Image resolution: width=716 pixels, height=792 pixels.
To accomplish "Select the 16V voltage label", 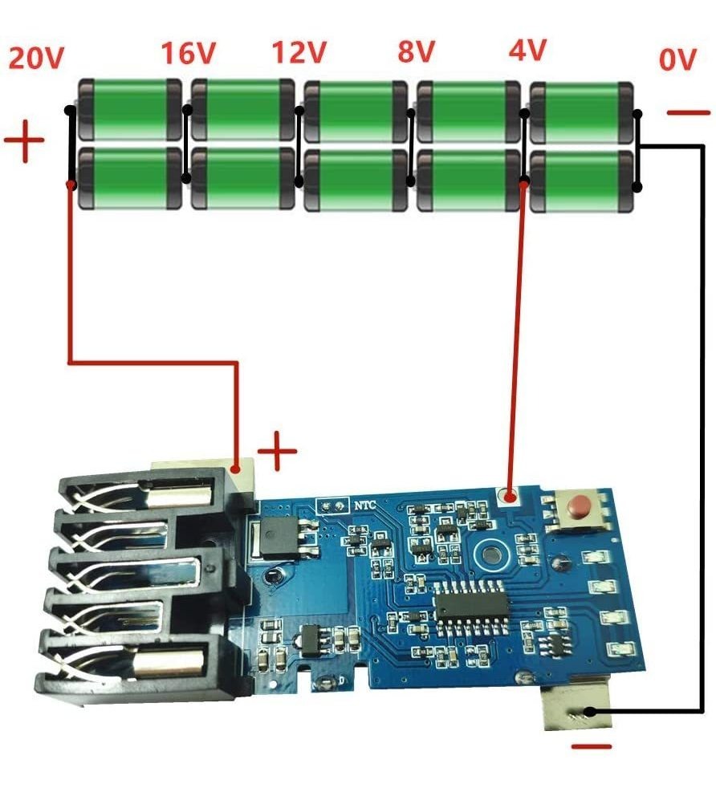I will [189, 54].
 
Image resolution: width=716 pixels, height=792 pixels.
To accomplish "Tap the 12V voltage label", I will [299, 53].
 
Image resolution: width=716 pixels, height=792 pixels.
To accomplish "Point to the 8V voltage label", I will [416, 52].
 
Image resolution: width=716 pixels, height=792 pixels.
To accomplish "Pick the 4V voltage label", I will [527, 51].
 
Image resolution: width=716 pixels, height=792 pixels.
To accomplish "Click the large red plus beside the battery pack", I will [24, 142].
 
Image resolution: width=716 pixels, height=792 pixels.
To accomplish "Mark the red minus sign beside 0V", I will [688, 113].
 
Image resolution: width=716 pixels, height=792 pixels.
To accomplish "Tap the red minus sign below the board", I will [592, 748].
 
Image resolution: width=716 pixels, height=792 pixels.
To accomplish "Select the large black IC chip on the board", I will [470, 602].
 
